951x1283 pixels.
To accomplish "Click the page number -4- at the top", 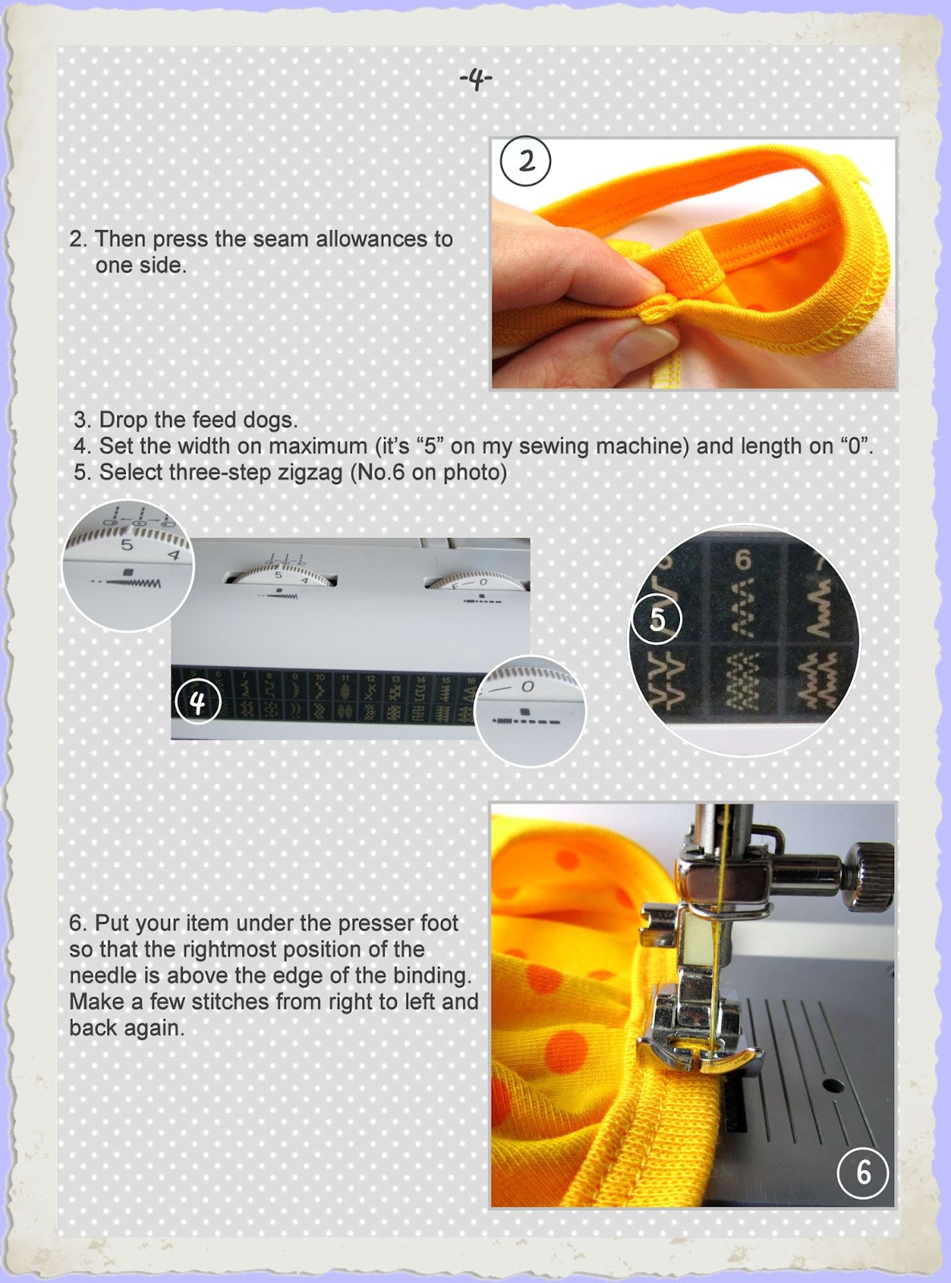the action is (x=475, y=79).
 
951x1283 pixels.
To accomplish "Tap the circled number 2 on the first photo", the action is (x=525, y=162).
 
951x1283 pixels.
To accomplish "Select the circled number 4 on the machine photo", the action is (x=197, y=703).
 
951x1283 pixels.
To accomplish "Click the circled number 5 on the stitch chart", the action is (x=658, y=619).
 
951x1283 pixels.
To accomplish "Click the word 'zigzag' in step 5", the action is (x=310, y=472).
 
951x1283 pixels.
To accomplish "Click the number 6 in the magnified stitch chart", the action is (x=743, y=560).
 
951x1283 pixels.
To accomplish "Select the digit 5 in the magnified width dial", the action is (x=126, y=544).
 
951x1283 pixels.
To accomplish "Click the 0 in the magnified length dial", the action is (x=528, y=687).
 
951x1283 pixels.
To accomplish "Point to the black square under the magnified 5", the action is (x=128, y=572).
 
